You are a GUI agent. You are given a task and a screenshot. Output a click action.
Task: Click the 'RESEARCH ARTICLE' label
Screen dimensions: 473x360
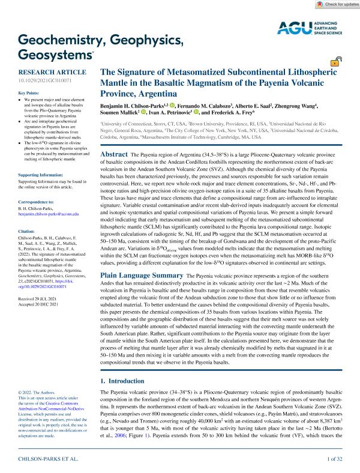point(44,70)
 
